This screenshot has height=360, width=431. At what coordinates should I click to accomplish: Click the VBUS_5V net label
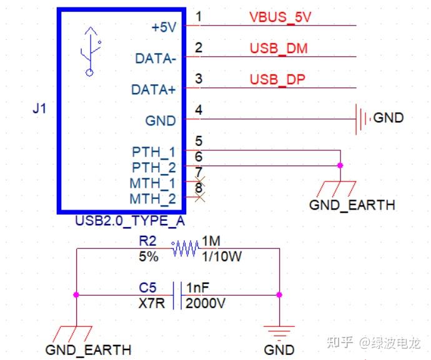click(x=280, y=17)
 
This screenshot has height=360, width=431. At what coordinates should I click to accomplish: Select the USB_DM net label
click(x=279, y=48)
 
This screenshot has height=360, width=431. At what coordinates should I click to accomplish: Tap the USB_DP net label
click(x=277, y=79)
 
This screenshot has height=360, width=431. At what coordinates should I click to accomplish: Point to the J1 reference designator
click(x=39, y=109)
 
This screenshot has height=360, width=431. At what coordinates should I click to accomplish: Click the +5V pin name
click(x=164, y=27)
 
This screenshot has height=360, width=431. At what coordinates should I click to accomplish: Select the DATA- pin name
click(x=156, y=59)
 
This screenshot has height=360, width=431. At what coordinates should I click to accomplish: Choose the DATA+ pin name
click(x=154, y=90)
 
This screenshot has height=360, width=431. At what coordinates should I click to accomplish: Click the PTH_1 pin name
click(x=154, y=152)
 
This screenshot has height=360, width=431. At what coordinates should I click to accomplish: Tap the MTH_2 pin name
click(x=152, y=199)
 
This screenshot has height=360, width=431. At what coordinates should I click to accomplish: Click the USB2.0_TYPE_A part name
click(x=130, y=220)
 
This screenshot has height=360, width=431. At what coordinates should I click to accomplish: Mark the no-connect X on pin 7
click(x=200, y=182)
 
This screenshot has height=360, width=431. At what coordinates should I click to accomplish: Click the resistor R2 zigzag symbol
click(x=184, y=249)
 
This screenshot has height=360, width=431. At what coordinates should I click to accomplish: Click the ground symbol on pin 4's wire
click(x=361, y=118)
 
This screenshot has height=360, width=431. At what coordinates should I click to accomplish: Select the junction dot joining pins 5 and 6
click(x=340, y=165)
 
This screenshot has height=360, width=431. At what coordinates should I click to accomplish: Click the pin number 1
click(x=199, y=16)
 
